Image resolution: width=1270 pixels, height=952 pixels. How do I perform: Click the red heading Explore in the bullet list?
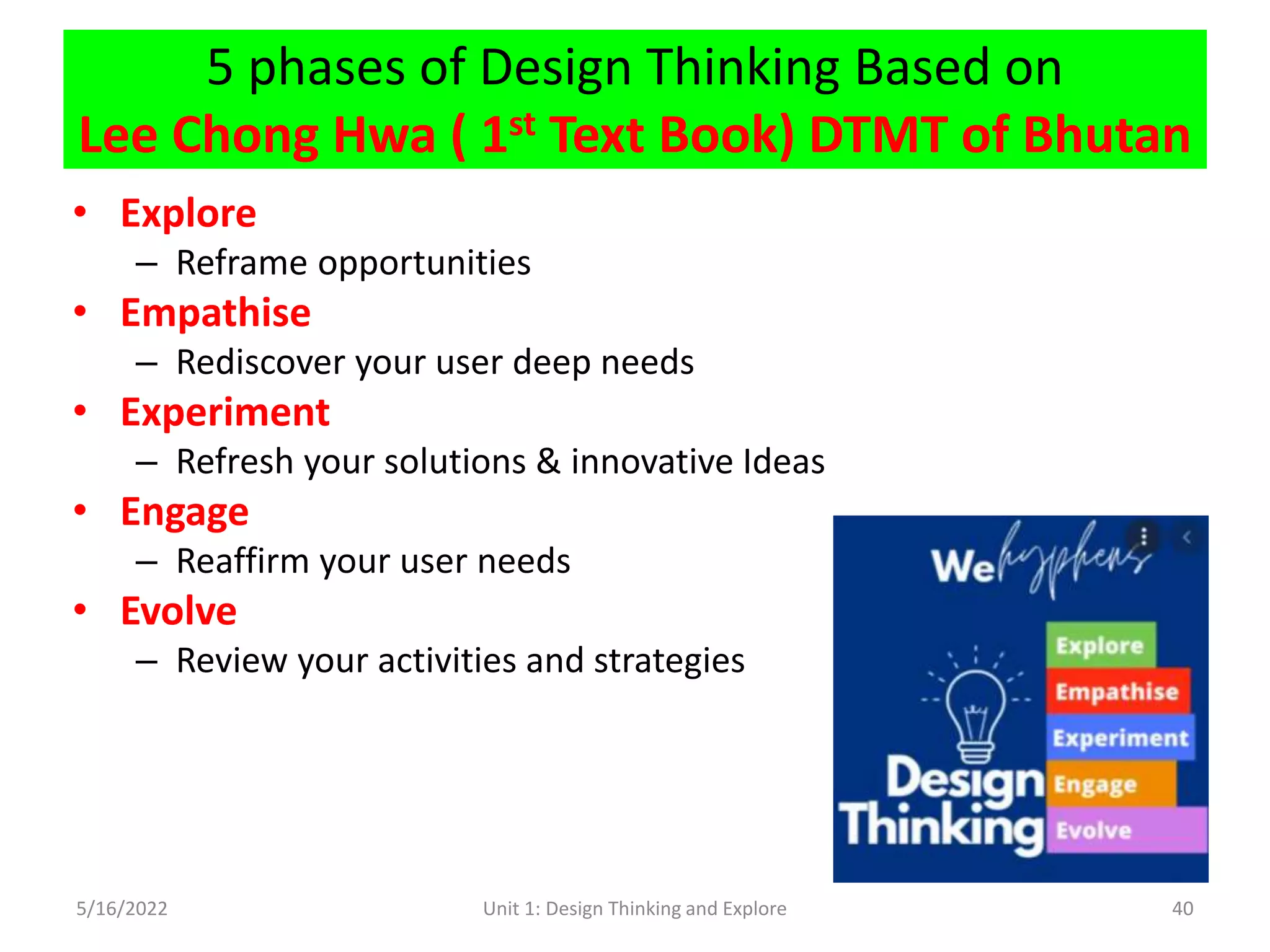188,214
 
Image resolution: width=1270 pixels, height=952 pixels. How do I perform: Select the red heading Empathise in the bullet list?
215,313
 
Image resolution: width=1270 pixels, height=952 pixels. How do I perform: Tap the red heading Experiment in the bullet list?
224,413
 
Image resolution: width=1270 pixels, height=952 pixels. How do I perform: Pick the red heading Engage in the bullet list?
184,513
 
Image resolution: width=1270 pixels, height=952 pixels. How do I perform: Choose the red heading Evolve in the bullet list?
179,612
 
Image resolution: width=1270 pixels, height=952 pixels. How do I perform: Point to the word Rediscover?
259,363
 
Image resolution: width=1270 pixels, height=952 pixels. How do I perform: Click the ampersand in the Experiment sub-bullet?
548,462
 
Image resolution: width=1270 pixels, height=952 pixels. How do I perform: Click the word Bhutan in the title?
1106,135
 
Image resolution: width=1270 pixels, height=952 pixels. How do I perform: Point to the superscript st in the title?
522,125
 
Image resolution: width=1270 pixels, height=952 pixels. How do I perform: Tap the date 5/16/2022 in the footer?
122,909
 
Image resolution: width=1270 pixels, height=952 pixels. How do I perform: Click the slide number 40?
1182,909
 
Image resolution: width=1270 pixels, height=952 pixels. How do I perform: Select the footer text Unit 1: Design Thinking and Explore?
634,909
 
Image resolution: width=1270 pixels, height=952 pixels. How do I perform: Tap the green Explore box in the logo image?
1100,646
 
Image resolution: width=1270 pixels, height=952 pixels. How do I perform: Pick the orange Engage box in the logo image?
1110,785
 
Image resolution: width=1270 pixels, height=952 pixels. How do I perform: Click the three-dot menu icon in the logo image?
1144,537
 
